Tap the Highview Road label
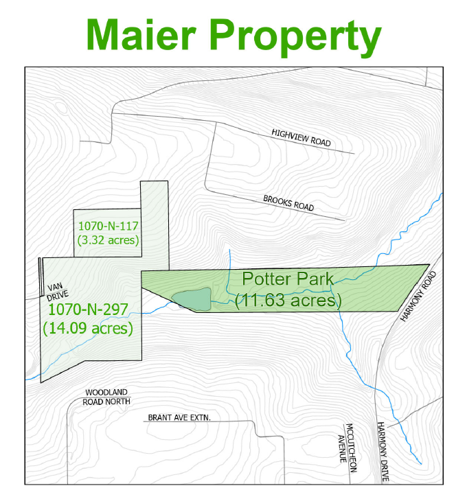(x=301, y=138)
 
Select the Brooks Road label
(x=288, y=203)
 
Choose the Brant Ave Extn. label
(x=178, y=417)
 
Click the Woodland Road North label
(x=106, y=397)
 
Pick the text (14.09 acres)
(x=87, y=328)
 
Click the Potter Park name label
(x=288, y=279)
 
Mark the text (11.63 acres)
(x=288, y=300)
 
